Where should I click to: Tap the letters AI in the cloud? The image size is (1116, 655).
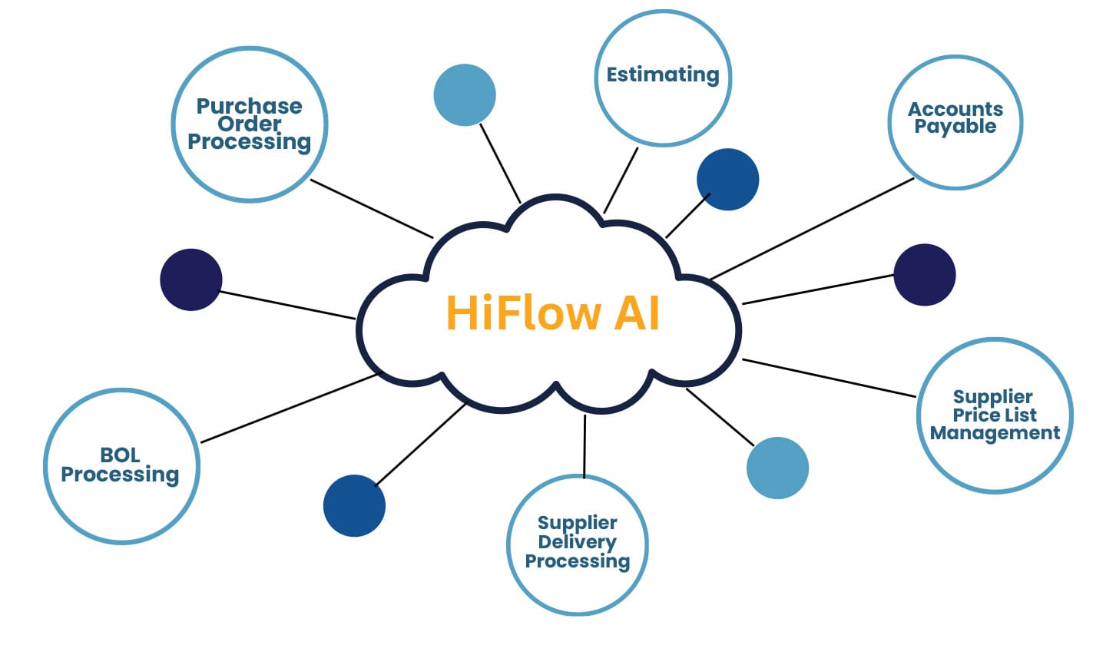pos(637,313)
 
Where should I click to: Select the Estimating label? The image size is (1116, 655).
pos(663,74)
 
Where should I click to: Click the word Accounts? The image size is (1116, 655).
pos(955,109)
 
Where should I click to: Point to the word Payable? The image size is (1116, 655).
pos(955,127)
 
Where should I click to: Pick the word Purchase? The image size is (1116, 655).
pos(249,106)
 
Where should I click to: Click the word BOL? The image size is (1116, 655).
pos(120,455)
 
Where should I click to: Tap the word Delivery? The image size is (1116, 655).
pos(577,542)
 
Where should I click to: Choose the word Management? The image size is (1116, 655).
pos(995,433)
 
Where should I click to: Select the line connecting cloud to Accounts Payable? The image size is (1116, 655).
pos(813,229)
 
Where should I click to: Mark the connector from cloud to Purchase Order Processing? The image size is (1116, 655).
pos(372,209)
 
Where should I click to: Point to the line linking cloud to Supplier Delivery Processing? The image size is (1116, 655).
pos(584,446)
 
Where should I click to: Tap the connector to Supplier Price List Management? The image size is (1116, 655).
pos(830,379)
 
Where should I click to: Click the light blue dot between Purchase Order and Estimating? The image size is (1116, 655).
pos(465,95)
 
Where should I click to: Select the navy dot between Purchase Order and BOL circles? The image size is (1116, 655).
pos(191,280)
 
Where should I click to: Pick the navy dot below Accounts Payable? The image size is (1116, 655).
pos(925,275)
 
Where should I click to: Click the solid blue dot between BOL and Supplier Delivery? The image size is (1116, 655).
pos(354,505)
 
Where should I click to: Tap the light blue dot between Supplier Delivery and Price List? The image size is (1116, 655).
pos(777,468)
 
